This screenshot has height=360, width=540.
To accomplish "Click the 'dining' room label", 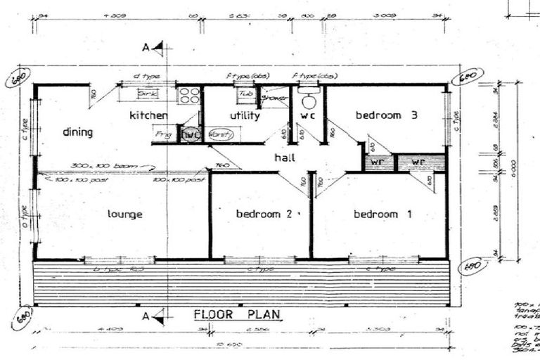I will [77, 132].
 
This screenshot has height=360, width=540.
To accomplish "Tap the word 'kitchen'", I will [148, 115].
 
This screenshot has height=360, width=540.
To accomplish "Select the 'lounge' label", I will [126, 214].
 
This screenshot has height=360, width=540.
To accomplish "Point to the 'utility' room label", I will [245, 115].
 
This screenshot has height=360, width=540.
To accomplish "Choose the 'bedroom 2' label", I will [264, 214].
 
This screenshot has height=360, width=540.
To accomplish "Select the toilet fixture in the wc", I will [308, 98].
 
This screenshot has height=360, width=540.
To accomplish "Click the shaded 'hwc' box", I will [191, 134].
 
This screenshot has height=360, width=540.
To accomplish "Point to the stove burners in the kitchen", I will [189, 96].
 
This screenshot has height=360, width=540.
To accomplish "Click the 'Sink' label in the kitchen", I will [148, 93].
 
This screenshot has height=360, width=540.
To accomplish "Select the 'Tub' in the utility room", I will [245, 93].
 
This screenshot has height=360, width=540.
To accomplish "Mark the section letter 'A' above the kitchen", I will [146, 48].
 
